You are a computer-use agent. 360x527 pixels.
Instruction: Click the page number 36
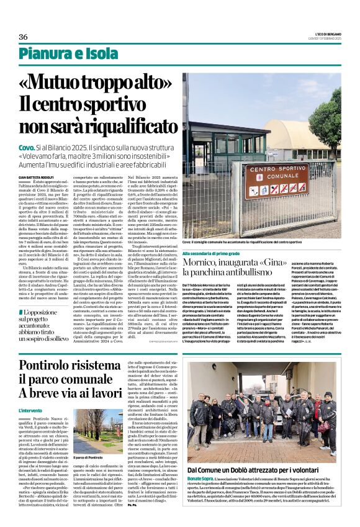click(x=23, y=37)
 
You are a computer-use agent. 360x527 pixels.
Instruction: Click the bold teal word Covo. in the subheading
click(x=27, y=148)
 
